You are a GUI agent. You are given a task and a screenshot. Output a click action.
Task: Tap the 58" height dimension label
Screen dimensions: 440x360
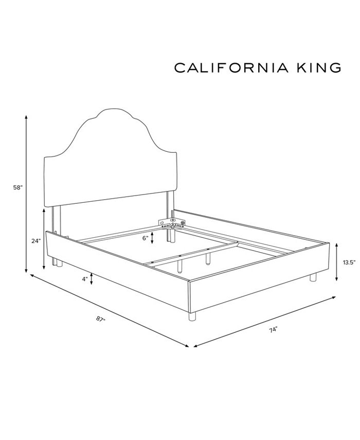pos(18,188)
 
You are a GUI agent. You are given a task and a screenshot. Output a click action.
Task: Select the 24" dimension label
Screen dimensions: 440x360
pos(35,241)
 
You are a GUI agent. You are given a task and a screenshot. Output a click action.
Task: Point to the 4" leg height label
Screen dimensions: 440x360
pos(83,279)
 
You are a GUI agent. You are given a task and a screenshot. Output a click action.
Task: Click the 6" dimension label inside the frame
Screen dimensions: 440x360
pos(145,238)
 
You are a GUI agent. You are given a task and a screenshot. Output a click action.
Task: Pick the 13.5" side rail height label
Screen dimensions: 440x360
pos(349,262)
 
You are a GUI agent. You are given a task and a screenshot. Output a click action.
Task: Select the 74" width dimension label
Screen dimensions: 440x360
pos(273,330)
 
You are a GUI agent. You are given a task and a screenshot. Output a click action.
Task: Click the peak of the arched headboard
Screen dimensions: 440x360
pos(112,110)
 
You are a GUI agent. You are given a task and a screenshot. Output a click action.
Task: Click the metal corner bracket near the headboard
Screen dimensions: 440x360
pos(172,223)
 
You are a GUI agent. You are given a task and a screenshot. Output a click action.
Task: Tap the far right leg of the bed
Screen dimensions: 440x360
pos(313,277)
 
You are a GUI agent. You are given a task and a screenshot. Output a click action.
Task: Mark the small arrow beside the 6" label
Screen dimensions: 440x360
pos(153,237)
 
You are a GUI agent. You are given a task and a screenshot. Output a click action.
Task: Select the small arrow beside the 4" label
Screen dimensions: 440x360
pos(92,279)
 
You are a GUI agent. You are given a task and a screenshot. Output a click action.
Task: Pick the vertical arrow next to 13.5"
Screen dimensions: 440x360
pos(337,262)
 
